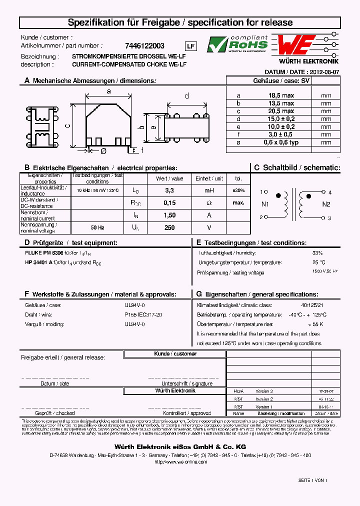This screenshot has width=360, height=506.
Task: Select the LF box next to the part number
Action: [191, 46]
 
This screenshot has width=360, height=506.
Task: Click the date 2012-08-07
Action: [323, 72]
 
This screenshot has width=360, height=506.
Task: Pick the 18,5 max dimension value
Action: [281, 95]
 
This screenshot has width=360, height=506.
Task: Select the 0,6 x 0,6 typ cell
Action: [281, 142]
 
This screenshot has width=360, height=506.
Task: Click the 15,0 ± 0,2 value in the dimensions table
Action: [281, 119]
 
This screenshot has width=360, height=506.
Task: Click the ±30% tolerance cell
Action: [238, 190]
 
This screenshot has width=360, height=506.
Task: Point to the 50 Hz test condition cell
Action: [97, 227]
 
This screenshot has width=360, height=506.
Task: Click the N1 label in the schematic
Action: [265, 204]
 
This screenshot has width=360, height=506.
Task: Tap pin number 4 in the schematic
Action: [330, 192]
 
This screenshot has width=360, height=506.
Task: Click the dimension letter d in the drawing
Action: [187, 96]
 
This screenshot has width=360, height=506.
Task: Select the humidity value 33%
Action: [317, 253]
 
